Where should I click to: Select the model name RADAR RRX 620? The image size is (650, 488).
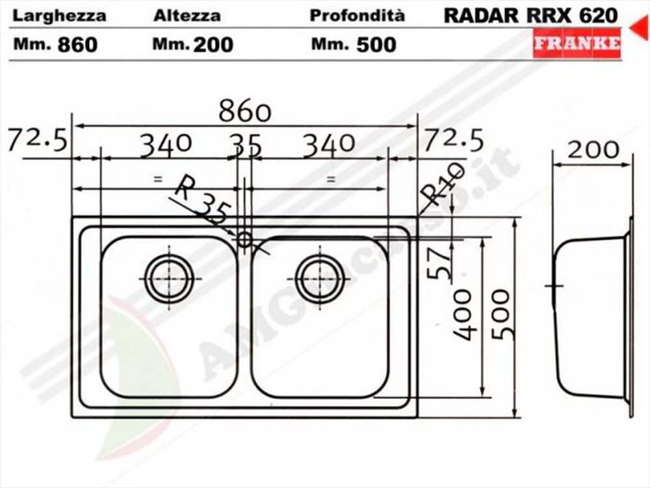tap(530, 16)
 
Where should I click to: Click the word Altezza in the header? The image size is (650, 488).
tap(187, 16)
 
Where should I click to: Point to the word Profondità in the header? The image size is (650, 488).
tap(357, 16)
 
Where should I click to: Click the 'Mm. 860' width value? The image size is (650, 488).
tap(56, 44)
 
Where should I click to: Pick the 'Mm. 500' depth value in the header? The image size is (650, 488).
tap(354, 44)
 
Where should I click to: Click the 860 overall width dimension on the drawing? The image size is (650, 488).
tap(244, 112)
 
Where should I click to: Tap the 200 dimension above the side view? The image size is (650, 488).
tap(593, 150)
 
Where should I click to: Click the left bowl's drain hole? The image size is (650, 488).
tap(169, 278)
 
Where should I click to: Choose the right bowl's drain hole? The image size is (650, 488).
tap(320, 278)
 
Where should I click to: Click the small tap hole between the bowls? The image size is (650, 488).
tap(244, 239)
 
